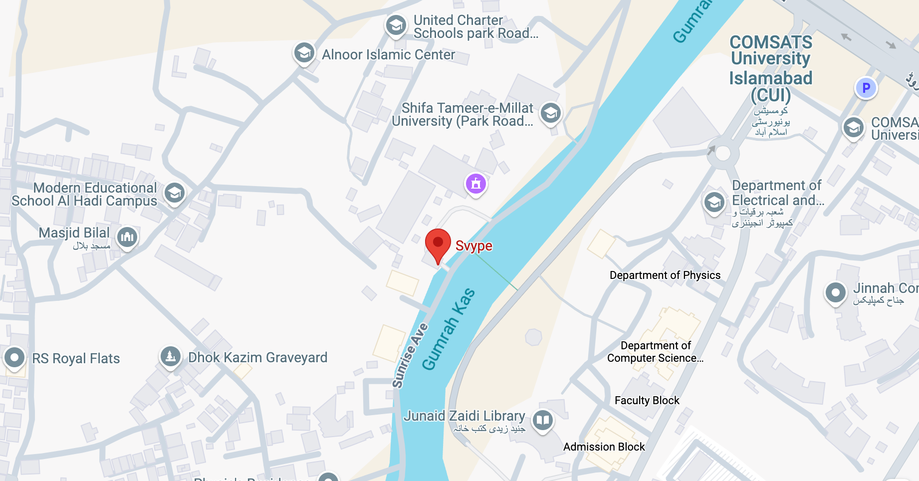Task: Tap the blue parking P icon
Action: click(x=866, y=88)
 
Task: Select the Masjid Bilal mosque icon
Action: click(x=127, y=237)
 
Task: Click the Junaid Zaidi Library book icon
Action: click(x=543, y=420)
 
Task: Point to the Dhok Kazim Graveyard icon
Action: click(x=171, y=357)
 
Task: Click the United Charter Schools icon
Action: click(x=396, y=24)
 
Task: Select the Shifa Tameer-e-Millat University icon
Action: click(x=551, y=114)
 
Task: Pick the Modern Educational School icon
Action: click(x=175, y=193)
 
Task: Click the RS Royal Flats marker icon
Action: click(x=14, y=358)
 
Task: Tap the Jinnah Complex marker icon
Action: click(x=835, y=293)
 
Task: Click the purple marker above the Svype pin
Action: click(x=476, y=184)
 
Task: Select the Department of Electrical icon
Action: click(x=714, y=203)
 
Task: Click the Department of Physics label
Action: click(x=665, y=275)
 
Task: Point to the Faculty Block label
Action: click(x=647, y=400)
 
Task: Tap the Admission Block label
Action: click(x=604, y=447)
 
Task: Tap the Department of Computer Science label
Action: click(x=655, y=352)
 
